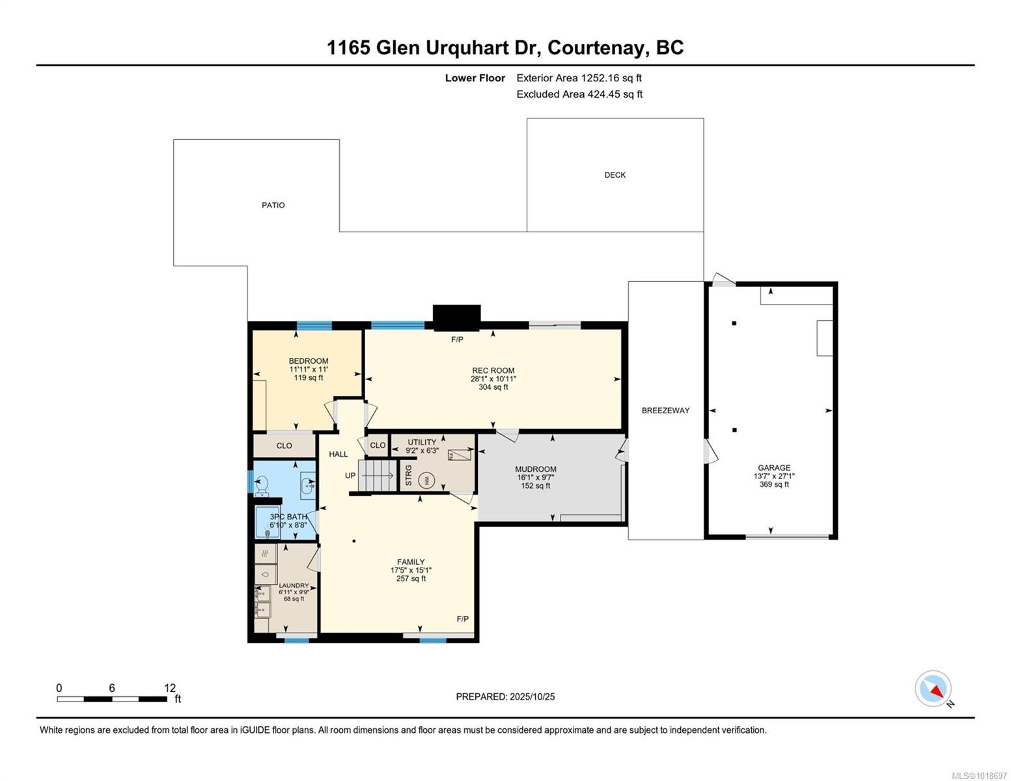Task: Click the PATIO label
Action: (x=273, y=205)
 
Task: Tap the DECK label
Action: (x=615, y=174)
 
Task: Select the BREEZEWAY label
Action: (x=665, y=411)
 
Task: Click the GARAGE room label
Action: (x=773, y=467)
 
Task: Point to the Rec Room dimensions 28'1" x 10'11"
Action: (x=493, y=379)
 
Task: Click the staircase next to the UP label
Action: (x=379, y=475)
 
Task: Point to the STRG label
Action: (x=409, y=475)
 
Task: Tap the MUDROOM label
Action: (x=535, y=469)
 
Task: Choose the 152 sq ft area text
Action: (x=535, y=486)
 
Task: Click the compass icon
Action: (x=934, y=689)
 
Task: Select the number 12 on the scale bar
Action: (x=170, y=688)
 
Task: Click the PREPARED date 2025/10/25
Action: (x=532, y=696)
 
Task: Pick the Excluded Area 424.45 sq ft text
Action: (x=579, y=94)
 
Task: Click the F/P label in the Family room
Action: (x=462, y=618)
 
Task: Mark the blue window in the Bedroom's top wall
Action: (x=314, y=325)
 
